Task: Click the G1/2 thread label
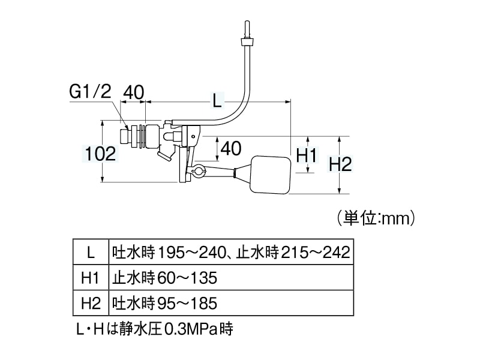coord(91,92)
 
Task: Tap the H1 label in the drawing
coord(306,155)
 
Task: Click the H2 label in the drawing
coord(340,163)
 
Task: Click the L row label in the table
coord(91,252)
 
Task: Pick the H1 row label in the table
coord(91,278)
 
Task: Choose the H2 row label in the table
coord(91,302)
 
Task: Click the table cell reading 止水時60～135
coord(164,278)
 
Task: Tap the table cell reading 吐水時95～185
coord(164,302)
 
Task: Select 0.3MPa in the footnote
coord(185,329)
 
